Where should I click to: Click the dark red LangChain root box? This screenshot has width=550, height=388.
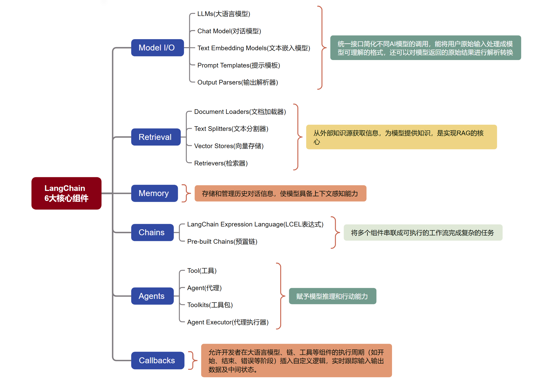[66, 193]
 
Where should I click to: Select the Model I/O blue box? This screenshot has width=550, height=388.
[157, 48]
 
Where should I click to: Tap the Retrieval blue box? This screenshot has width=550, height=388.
[155, 137]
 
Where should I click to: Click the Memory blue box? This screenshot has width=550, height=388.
[154, 193]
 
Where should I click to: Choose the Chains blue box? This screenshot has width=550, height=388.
[152, 232]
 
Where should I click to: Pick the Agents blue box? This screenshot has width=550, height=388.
[152, 296]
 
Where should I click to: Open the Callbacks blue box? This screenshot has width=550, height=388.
[157, 360]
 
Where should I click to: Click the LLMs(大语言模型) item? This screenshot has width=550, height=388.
[224, 14]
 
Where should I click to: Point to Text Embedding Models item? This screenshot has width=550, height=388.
[254, 48]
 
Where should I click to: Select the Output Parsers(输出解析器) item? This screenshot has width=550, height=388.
[237, 82]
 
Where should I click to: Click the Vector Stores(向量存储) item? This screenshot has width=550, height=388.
[229, 146]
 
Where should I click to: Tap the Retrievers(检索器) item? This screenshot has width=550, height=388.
[221, 163]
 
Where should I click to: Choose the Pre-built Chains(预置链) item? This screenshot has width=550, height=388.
[222, 242]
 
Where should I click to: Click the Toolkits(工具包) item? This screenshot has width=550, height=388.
[210, 305]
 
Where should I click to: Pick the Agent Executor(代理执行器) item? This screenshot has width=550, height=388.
[228, 322]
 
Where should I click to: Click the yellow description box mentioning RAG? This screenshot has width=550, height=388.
[401, 137]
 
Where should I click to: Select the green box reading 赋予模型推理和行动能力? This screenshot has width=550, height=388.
[332, 296]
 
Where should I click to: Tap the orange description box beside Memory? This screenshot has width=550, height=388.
[280, 193]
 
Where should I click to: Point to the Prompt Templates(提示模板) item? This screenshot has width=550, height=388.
[238, 65]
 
